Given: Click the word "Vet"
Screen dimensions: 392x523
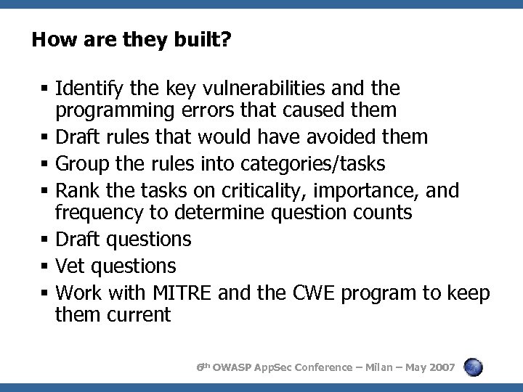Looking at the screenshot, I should coord(68,266).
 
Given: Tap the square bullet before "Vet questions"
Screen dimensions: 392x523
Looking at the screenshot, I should coord(46,266).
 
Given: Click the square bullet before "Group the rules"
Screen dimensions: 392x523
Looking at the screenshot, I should coord(46,164).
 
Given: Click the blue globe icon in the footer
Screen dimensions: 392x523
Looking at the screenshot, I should coord(474,367).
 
